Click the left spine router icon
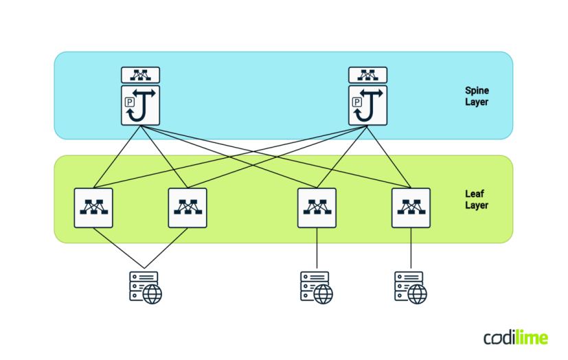coord(141,105)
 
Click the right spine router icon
coord(368,105)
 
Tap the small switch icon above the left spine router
coord(141,75)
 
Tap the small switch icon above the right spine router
coord(368,75)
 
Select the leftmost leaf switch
coord(93,207)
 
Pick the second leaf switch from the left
coord(188,207)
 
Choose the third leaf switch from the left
coord(317,207)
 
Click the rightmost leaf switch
coord(411,207)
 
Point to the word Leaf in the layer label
coord(474,194)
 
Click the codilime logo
coord(515,337)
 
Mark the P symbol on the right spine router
coord(356,102)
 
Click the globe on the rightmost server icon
coord(418,295)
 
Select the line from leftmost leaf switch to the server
coord(118,247)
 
